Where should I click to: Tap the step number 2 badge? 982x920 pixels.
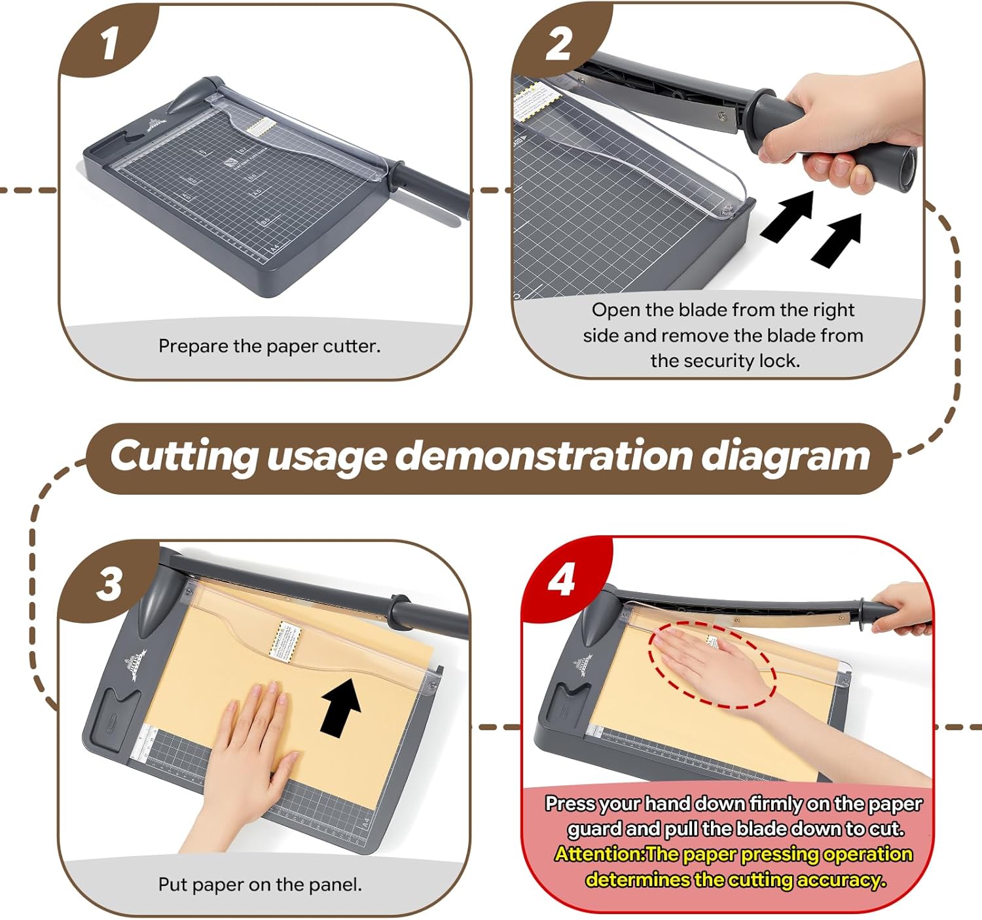[558, 44]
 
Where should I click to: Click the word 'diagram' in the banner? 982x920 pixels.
[786, 455]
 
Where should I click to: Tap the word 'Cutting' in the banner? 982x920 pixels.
[184, 456]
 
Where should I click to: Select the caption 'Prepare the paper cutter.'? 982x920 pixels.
[269, 346]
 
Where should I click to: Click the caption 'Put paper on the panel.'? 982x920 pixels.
[259, 885]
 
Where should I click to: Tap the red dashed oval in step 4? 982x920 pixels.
[712, 664]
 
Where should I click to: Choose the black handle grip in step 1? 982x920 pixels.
[435, 194]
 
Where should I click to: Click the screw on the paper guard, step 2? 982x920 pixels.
[726, 211]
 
